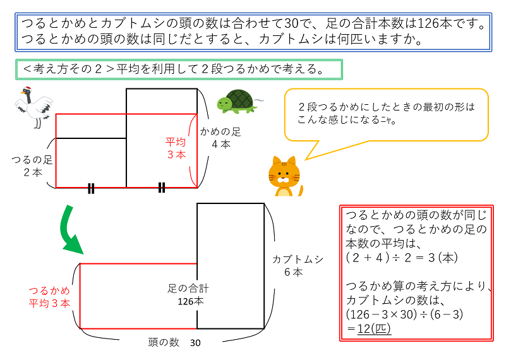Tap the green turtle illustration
click(237, 100)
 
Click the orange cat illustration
click(284, 176)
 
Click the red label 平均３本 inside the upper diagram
click(176, 148)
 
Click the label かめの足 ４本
click(220, 138)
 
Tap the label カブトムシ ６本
click(298, 265)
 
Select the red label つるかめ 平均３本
click(49, 297)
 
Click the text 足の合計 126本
click(189, 295)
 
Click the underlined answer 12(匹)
click(373, 328)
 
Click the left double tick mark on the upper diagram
click(91, 188)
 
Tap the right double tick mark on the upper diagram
click(162, 188)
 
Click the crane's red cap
click(28, 89)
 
